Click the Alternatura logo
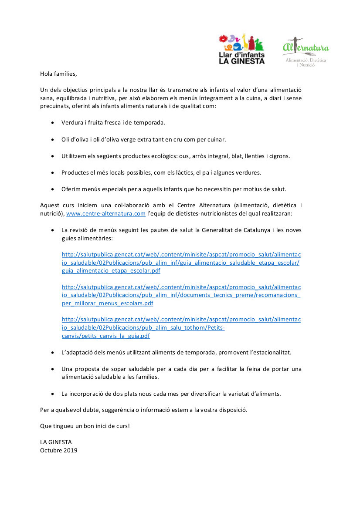306,52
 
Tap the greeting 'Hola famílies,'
58,74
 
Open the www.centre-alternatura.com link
105,213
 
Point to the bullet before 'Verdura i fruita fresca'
53,123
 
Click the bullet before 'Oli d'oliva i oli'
53,139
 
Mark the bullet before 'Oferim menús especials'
53,189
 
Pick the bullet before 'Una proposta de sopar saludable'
53,369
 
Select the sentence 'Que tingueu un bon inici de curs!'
85,426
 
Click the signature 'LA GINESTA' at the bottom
56,442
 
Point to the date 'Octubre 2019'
59,450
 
